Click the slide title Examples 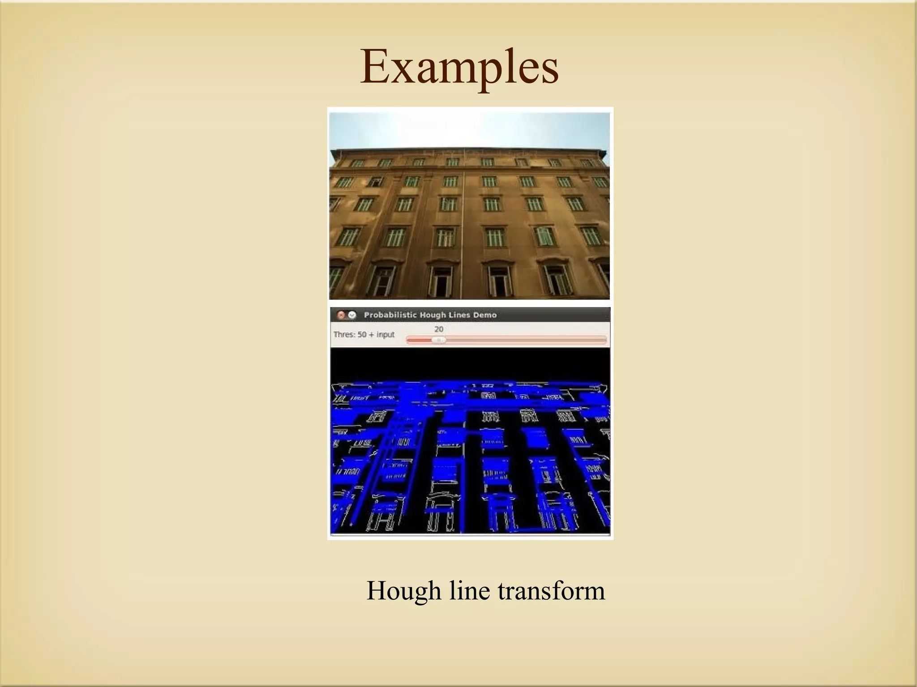coord(459,68)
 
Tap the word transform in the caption coord(551,590)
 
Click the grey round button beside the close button coord(352,315)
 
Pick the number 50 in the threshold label coord(362,334)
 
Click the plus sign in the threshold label coord(372,334)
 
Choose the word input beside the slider coord(385,334)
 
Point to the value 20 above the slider coord(439,329)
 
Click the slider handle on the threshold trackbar coord(439,340)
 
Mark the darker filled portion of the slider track coord(420,340)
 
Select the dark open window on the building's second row coord(375,182)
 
